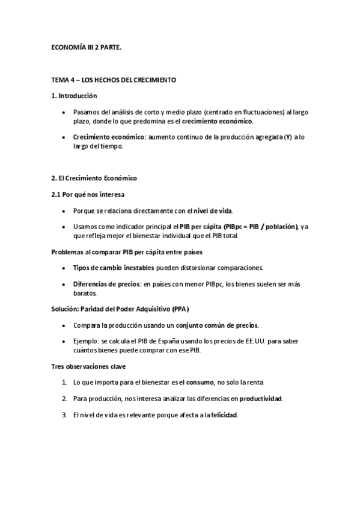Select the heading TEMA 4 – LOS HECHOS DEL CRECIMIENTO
point(114,80)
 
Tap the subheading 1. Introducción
point(75,96)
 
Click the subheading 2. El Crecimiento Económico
point(94,178)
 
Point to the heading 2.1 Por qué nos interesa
point(88,194)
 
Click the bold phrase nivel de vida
point(213,210)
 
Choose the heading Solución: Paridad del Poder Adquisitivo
point(120,309)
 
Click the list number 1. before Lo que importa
point(64,382)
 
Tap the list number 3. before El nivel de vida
point(64,414)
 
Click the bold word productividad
point(260,399)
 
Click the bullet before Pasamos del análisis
point(65,112)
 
